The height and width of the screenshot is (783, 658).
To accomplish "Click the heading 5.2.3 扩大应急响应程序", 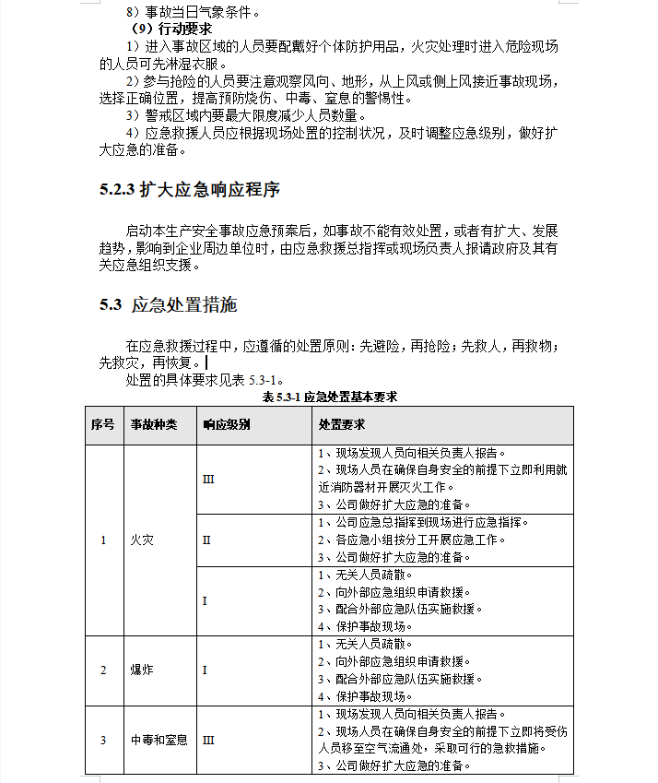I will click(189, 191).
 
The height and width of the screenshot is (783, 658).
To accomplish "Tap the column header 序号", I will click(102, 425).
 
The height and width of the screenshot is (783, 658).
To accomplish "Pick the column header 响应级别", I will click(226, 425).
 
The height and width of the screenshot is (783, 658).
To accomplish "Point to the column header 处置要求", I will click(341, 425).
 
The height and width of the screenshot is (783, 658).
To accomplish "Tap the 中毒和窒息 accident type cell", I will click(159, 740).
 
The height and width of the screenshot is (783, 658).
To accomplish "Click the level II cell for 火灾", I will click(206, 540).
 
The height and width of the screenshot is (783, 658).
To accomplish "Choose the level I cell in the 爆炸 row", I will click(205, 670).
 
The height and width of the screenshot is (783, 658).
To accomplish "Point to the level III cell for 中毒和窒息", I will click(208, 740).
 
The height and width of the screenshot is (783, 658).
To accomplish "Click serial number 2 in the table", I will click(103, 670).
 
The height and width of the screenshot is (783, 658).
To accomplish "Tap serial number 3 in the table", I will click(103, 740).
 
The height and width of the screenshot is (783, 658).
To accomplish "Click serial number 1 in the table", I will click(103, 540).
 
